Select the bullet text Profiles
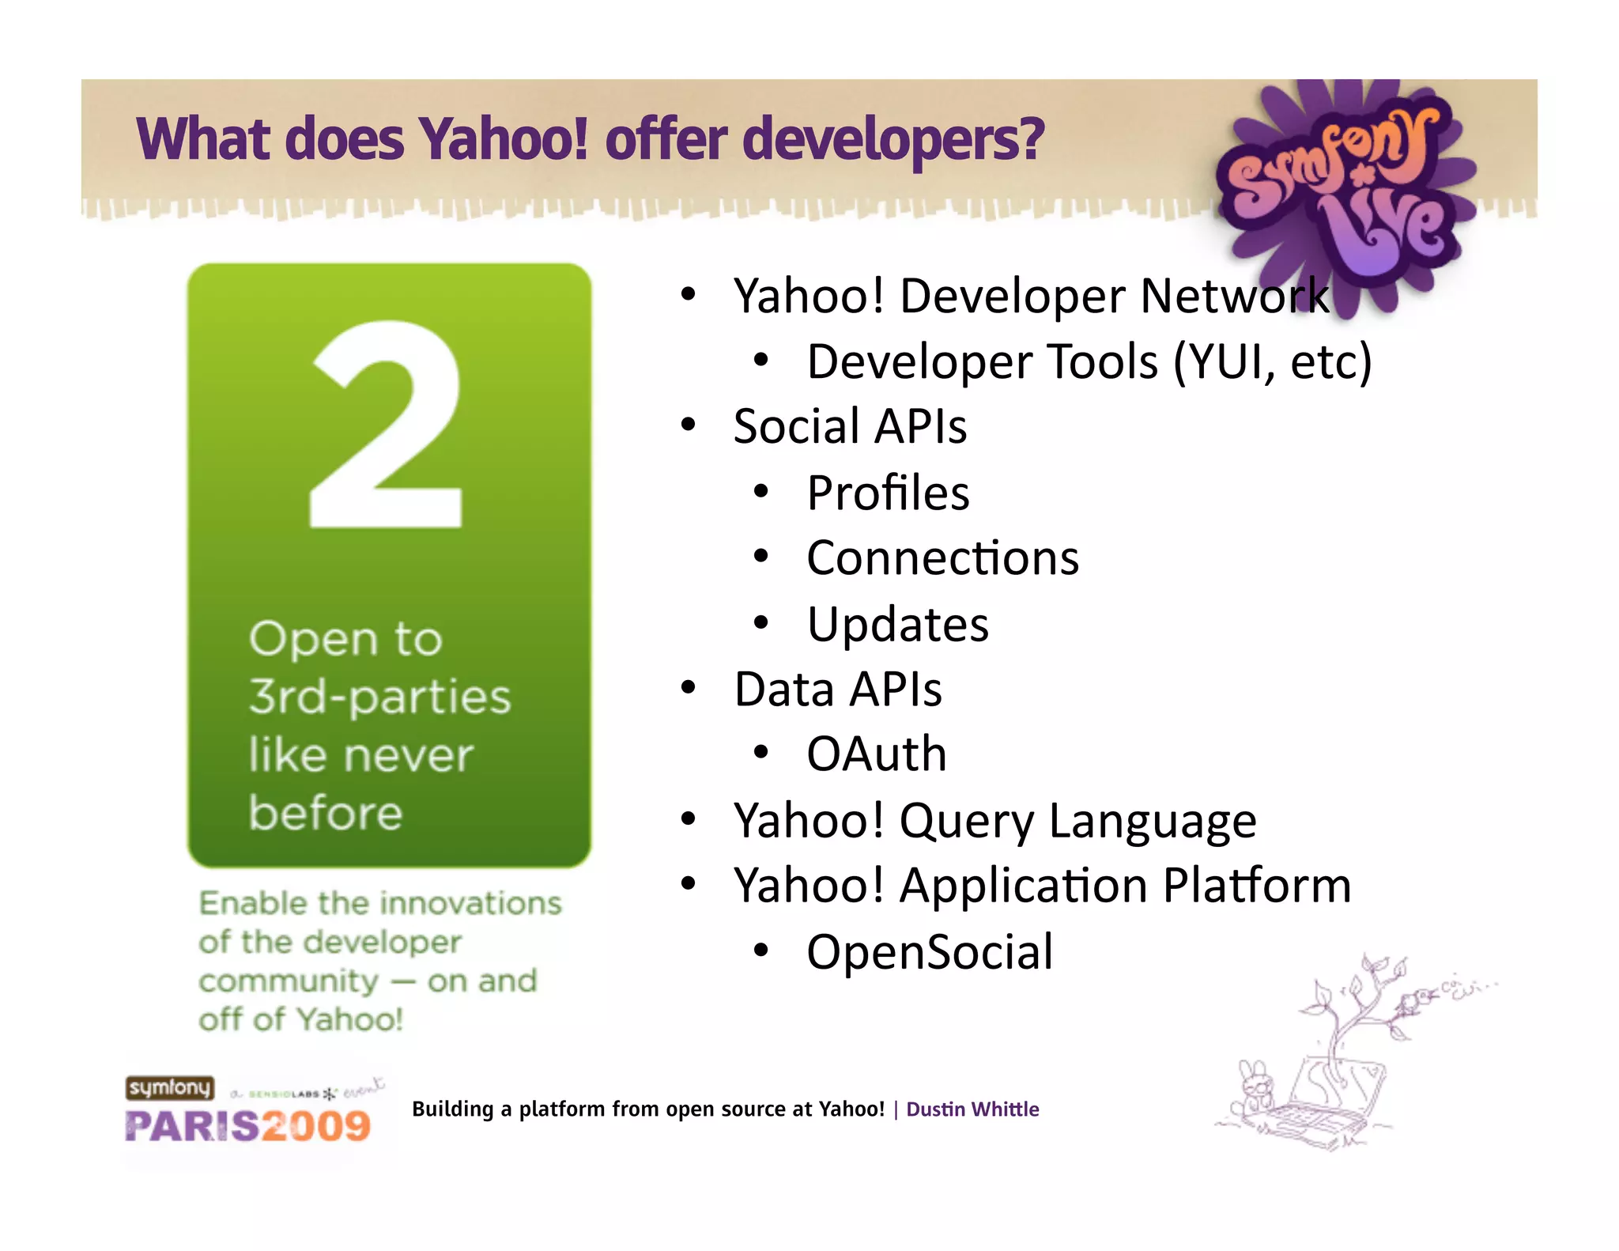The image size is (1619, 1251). click(888, 493)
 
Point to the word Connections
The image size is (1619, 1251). click(942, 558)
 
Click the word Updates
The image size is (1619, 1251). click(897, 625)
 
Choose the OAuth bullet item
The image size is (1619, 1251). click(876, 754)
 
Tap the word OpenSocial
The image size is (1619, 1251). click(930, 951)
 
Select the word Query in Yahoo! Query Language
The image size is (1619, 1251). click(966, 821)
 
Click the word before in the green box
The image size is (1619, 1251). click(326, 813)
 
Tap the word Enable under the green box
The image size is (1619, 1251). click(252, 903)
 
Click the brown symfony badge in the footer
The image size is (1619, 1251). click(169, 1088)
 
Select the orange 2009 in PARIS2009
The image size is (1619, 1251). click(316, 1126)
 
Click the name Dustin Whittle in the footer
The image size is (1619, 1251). click(972, 1109)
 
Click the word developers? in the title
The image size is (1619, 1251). click(893, 139)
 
